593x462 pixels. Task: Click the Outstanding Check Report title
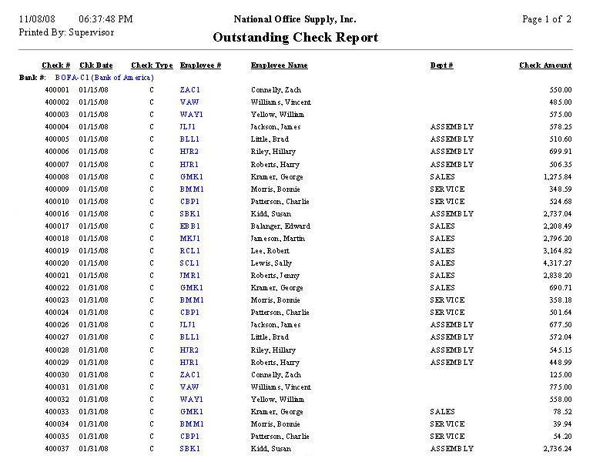[296, 38]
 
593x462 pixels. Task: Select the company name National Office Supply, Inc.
[295, 19]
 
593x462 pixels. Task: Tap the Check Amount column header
[545, 66]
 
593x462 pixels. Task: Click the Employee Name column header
[279, 66]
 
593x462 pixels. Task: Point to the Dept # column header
[441, 66]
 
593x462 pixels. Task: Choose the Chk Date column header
[95, 66]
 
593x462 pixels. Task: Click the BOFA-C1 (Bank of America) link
[104, 78]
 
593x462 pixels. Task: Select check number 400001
[57, 90]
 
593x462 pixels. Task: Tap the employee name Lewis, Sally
[271, 263]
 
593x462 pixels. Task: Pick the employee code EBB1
[190, 226]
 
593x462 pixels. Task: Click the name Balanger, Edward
[280, 226]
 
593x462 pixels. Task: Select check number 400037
[57, 448]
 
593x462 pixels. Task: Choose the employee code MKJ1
[190, 239]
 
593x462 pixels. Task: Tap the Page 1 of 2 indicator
[546, 19]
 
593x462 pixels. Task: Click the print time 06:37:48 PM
[106, 19]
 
